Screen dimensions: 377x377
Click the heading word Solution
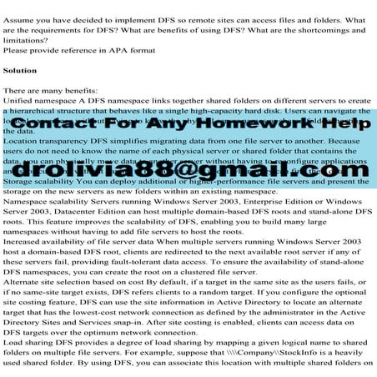coord(20,71)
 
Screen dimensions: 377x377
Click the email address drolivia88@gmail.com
coord(188,167)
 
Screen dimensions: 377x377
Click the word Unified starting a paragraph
coord(22,99)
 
